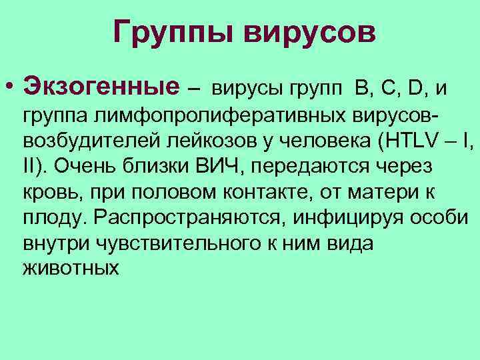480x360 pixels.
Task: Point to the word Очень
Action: point(87,167)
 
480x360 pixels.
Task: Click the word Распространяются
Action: point(182,218)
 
